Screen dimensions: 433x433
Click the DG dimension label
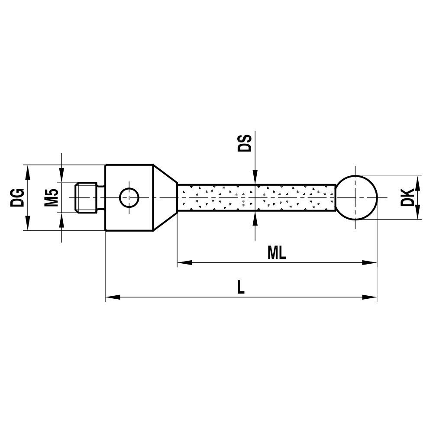tap(17, 197)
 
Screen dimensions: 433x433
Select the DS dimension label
tap(245, 143)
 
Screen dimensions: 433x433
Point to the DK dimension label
tap(407, 197)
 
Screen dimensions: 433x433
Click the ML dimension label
tap(277, 253)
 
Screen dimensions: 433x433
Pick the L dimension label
tap(241, 288)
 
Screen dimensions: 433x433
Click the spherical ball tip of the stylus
tap(357, 197)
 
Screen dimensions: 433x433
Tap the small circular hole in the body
tap(129, 197)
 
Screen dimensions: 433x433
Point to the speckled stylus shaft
tap(255, 197)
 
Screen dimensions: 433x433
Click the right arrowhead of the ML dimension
tap(370, 262)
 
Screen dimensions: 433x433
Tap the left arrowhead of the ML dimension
tap(184, 262)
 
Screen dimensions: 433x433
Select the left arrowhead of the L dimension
tap(112, 297)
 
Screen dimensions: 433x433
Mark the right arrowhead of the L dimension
tap(370, 297)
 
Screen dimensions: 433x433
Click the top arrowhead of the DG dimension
tap(28, 171)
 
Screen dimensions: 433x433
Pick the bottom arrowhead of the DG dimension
tap(28, 224)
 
